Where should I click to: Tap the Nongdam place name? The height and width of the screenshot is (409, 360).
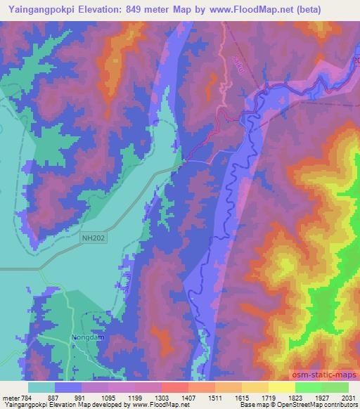[87, 337]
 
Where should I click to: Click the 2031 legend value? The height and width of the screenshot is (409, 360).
[349, 397]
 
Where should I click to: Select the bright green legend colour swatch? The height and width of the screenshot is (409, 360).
[309, 387]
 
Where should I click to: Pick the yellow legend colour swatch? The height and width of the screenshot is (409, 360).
[282, 387]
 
